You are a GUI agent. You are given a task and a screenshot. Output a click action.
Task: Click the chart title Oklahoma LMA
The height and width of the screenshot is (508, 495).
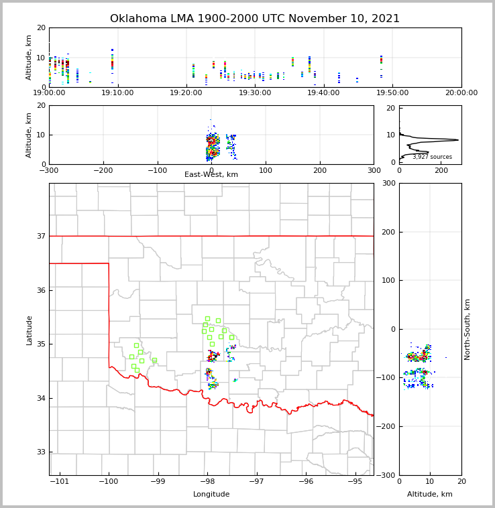coord(254,19)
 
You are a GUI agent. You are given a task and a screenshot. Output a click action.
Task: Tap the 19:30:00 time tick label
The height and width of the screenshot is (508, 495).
coord(255,93)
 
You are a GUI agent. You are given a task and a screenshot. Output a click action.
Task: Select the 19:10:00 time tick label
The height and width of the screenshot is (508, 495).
coord(117,93)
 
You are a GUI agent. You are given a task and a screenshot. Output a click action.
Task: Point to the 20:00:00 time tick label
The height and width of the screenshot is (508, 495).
coord(461,93)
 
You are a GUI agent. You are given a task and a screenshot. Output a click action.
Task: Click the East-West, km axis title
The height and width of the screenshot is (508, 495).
coord(211,175)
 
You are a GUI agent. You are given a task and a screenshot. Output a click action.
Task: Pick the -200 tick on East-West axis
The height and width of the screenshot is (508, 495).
coord(103,171)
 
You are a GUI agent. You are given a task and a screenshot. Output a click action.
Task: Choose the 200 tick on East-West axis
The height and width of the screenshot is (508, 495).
coord(320,171)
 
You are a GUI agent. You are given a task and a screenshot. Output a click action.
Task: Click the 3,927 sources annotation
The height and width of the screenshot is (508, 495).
coord(432,157)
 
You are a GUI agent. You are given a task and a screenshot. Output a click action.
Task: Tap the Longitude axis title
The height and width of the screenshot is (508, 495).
coord(211,495)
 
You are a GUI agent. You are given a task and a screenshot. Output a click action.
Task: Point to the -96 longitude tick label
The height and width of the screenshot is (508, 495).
coord(306,482)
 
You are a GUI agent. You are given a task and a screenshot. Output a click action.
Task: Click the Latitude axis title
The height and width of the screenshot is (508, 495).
coord(29,330)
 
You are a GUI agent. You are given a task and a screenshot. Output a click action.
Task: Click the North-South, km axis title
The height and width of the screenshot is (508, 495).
coord(467,329)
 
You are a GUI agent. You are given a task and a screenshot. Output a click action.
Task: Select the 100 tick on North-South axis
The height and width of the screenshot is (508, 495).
coord(388,280)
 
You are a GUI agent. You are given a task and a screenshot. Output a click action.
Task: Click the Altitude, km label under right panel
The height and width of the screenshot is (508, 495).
coord(430,495)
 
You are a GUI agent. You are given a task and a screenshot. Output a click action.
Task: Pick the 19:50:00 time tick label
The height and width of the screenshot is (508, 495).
coord(392,93)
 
